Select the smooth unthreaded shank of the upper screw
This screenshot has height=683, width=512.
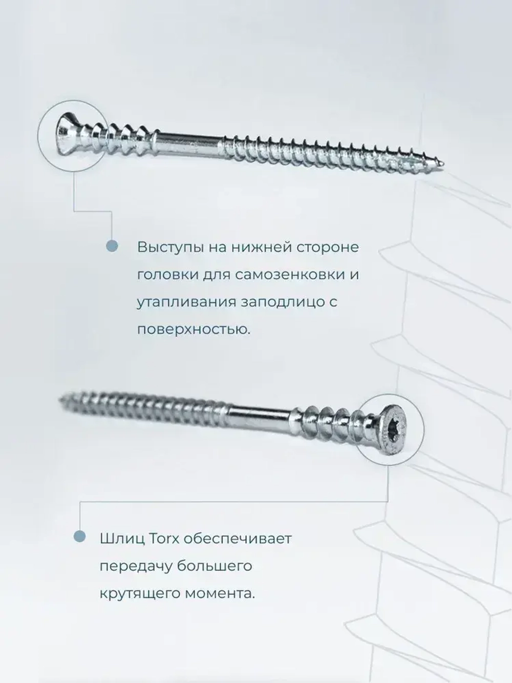(189, 141)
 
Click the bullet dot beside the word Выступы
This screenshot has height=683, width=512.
(112, 246)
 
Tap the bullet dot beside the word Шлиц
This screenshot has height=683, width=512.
(79, 536)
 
